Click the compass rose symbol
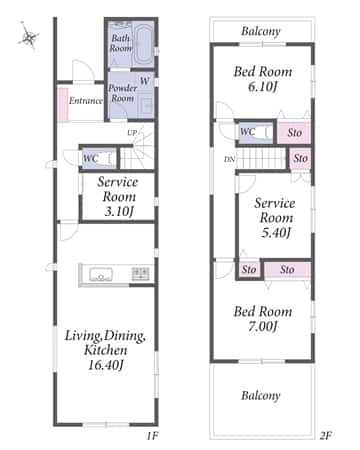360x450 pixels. click(x=28, y=36)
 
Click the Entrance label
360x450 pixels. click(x=86, y=100)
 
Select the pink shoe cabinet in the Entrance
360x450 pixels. click(x=63, y=105)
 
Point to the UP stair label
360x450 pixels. click(x=132, y=133)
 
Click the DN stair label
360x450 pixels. click(x=229, y=159)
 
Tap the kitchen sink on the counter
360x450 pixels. click(x=101, y=275)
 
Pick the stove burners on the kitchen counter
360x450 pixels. click(x=140, y=274)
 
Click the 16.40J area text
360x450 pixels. click(x=105, y=365)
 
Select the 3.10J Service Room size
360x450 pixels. click(x=119, y=211)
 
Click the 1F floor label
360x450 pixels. click(x=152, y=436)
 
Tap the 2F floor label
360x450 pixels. click(x=325, y=436)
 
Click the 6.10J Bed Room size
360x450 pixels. click(x=263, y=86)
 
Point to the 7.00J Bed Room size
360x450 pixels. click(x=263, y=326)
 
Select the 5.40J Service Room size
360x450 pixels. click(x=276, y=232)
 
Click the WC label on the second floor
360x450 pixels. click(x=247, y=132)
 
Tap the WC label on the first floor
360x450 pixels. click(x=90, y=158)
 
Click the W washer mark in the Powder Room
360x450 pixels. click(x=144, y=81)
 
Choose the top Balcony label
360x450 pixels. click(x=261, y=31)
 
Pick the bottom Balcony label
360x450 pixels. click(x=261, y=396)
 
